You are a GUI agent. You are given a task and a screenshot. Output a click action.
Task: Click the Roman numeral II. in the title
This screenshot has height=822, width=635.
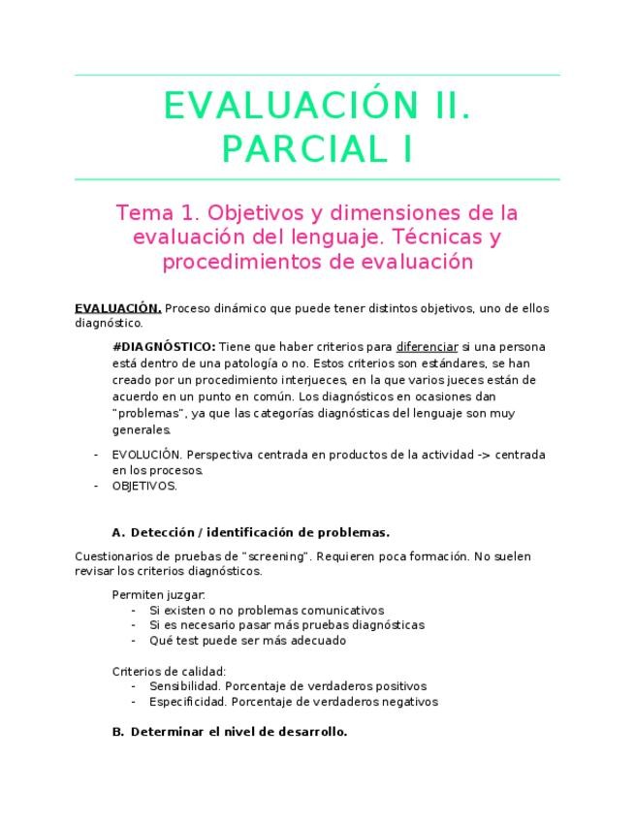click(439, 105)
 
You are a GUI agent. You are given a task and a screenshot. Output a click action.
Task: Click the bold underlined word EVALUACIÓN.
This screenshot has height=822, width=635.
click(118, 308)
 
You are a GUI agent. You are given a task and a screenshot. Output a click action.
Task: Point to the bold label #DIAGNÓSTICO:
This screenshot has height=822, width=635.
click(164, 347)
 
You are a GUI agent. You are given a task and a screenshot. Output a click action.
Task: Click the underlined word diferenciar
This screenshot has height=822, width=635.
click(427, 347)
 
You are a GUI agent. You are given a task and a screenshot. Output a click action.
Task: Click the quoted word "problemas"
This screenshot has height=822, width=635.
click(150, 413)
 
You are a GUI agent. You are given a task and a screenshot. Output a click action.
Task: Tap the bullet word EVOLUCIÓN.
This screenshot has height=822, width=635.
click(145, 454)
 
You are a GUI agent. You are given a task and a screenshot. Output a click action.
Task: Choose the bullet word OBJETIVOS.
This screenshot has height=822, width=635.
click(144, 486)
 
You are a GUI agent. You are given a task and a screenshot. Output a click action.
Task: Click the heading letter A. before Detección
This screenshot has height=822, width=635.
click(119, 532)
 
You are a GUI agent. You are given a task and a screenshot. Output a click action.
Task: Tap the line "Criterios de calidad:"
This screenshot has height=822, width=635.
click(170, 671)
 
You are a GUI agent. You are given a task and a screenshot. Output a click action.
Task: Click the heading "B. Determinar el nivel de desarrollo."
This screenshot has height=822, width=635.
click(230, 732)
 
